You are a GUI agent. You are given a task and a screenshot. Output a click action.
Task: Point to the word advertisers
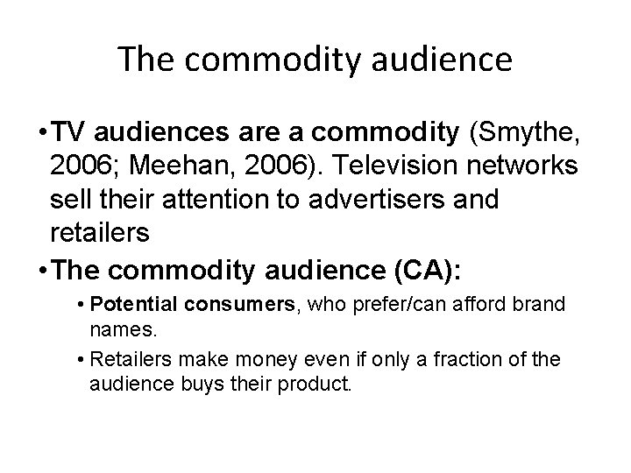tap(391, 200)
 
